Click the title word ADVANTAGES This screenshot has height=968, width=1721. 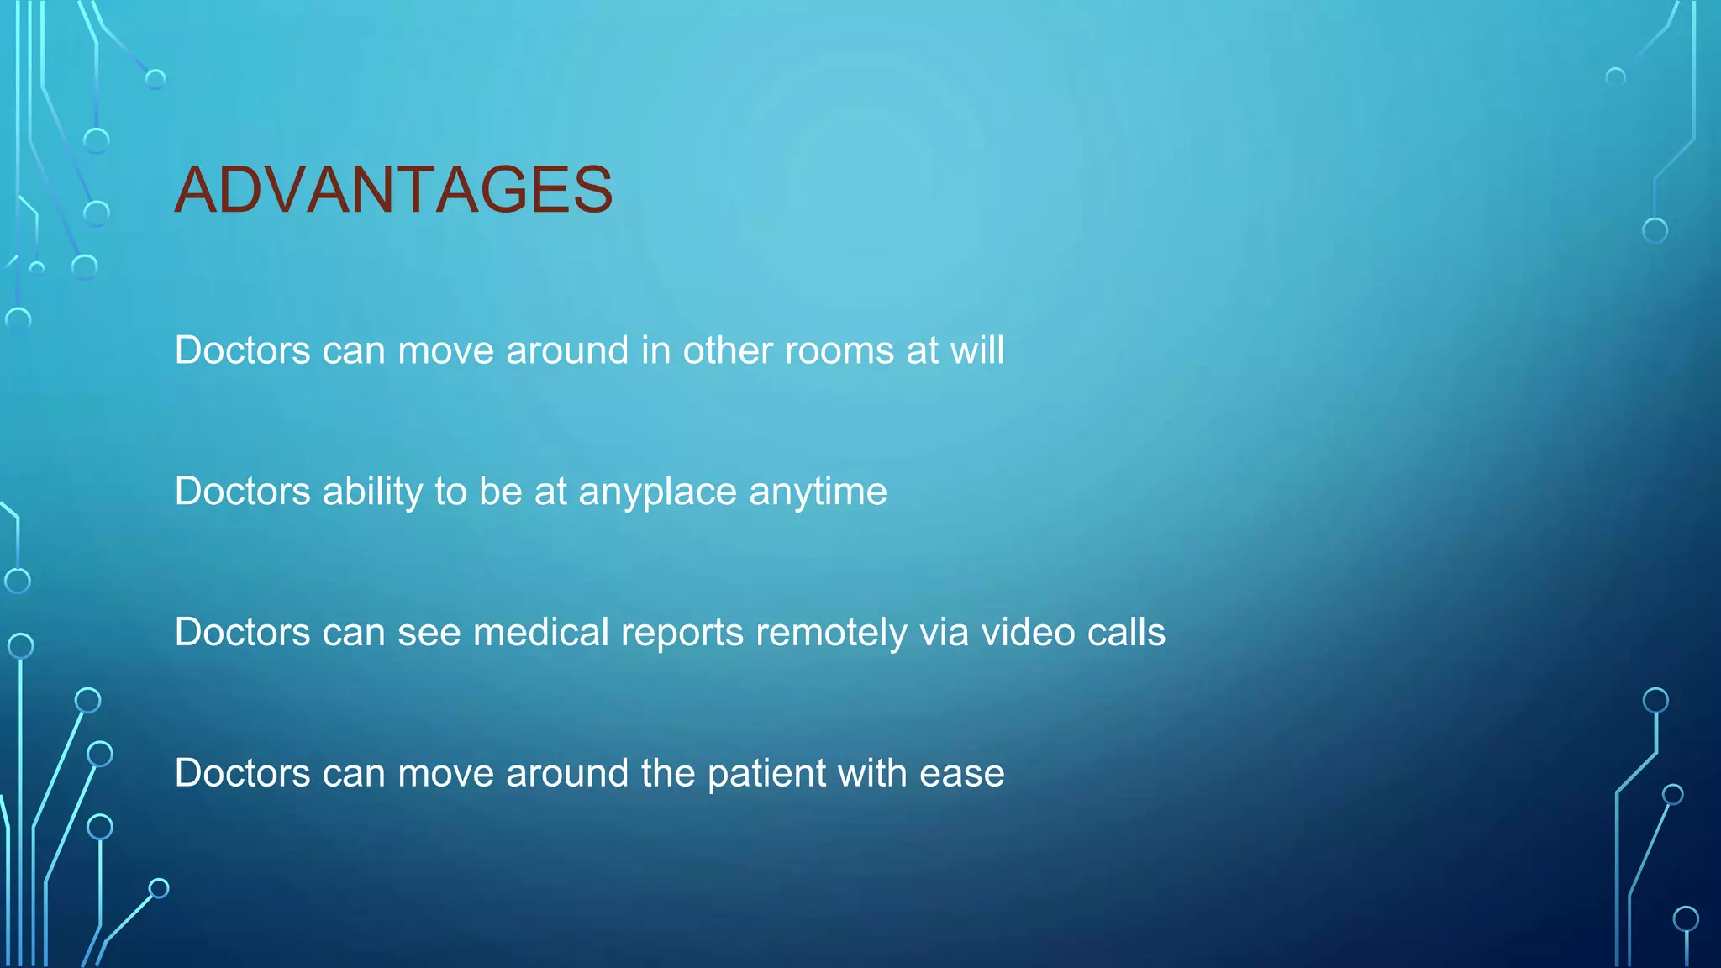pos(393,190)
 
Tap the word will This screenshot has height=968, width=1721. pos(977,350)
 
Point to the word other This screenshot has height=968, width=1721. pos(727,350)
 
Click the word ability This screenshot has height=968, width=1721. pos(372,492)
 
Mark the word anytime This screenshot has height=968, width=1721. pos(818,492)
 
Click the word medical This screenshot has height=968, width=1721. pos(540,633)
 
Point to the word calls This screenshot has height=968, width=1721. pos(1126,633)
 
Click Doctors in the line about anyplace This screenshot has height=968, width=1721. pos(242,492)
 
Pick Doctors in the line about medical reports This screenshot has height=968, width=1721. pos(242,633)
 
